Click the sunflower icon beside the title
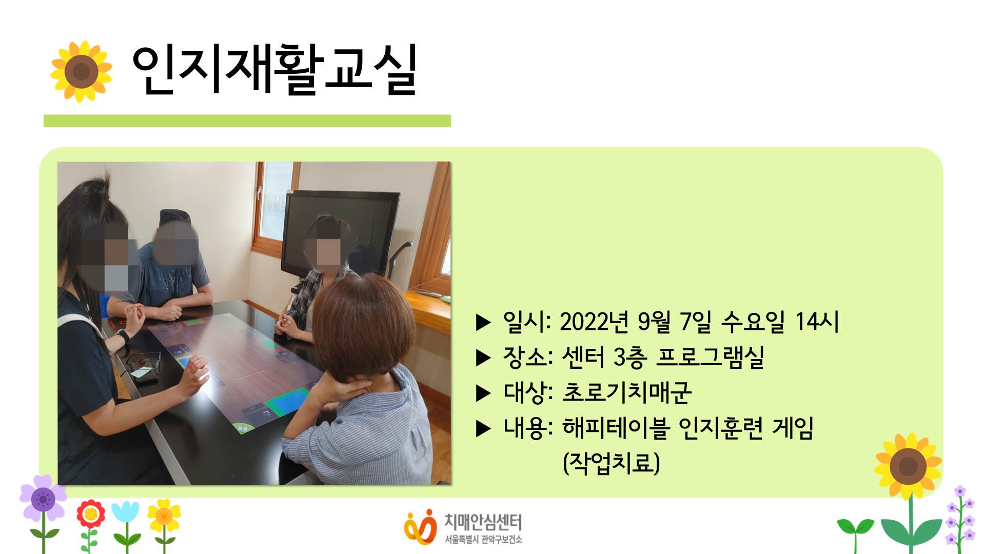81,71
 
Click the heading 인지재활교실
275,70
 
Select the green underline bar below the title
247,121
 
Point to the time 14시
817,322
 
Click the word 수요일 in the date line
753,322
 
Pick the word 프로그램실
711,357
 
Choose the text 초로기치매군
627,392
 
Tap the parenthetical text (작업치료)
612,463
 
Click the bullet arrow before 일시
483,323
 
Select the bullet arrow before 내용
483,429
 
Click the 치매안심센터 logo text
483,522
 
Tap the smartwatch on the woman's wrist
123,337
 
